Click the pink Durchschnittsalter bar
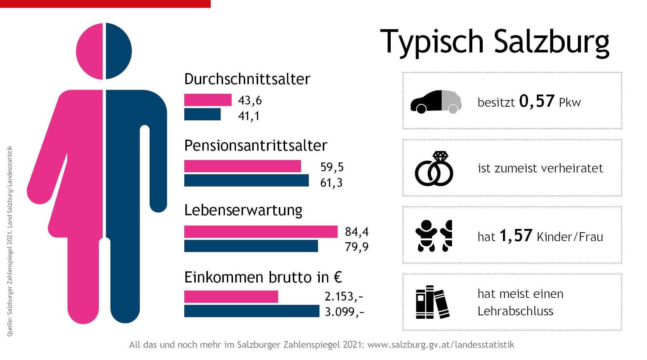208,100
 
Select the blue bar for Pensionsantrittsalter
246,181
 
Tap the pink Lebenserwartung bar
261,232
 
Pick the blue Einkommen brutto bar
251,311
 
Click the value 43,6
250,100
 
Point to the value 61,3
331,183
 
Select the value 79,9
356,247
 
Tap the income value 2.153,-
344,296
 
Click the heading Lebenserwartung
243,210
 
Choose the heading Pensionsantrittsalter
256,146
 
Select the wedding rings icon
434,169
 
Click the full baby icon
426,236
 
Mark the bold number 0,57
537,101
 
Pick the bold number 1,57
516,236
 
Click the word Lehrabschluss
515,311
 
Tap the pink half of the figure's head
90,51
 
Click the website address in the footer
441,345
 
